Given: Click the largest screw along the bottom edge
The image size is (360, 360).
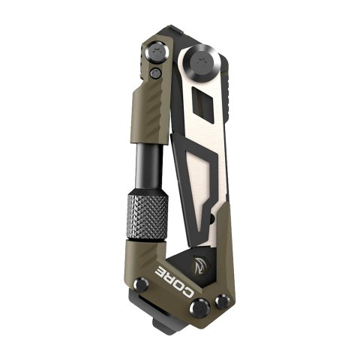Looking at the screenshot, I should pos(199,306).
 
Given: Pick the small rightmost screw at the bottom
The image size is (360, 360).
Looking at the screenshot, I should pos(221,301).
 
